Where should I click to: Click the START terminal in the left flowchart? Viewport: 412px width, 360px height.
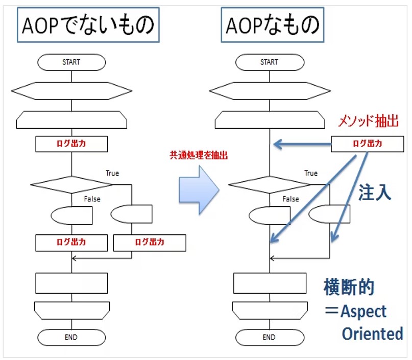click(x=71, y=62)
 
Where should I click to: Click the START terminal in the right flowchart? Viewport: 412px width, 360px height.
click(x=269, y=62)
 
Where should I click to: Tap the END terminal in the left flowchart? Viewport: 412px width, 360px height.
click(x=71, y=337)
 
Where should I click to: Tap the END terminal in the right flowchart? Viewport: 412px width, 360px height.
click(x=269, y=337)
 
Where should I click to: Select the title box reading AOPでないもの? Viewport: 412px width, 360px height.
click(x=88, y=26)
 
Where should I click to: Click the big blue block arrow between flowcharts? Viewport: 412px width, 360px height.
click(x=199, y=189)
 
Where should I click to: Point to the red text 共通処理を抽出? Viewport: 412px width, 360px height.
click(x=199, y=155)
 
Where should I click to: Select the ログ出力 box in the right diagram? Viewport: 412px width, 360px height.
click(x=367, y=144)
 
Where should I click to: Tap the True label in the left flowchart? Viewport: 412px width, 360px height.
click(x=112, y=173)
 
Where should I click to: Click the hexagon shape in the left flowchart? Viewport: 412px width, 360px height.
click(x=71, y=91)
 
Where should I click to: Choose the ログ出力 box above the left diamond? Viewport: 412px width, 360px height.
click(x=71, y=144)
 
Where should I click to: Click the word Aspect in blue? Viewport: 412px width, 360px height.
click(x=363, y=311)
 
